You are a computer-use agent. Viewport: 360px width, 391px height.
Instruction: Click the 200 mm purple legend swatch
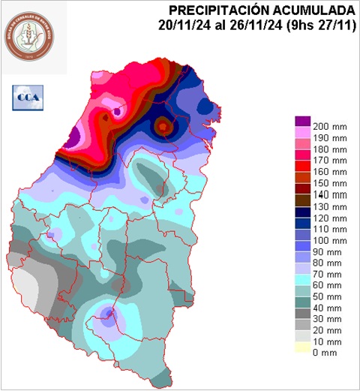pyautogui.click(x=302, y=121)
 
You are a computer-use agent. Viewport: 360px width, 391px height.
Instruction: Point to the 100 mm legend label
pyautogui.click(x=330, y=239)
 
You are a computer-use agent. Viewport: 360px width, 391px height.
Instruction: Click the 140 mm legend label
pyautogui.click(x=330, y=194)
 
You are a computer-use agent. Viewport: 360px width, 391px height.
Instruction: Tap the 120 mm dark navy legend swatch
pyautogui.click(x=302, y=212)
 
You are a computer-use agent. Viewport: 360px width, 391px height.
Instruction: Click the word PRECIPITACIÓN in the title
pyautogui.click(x=217, y=10)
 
